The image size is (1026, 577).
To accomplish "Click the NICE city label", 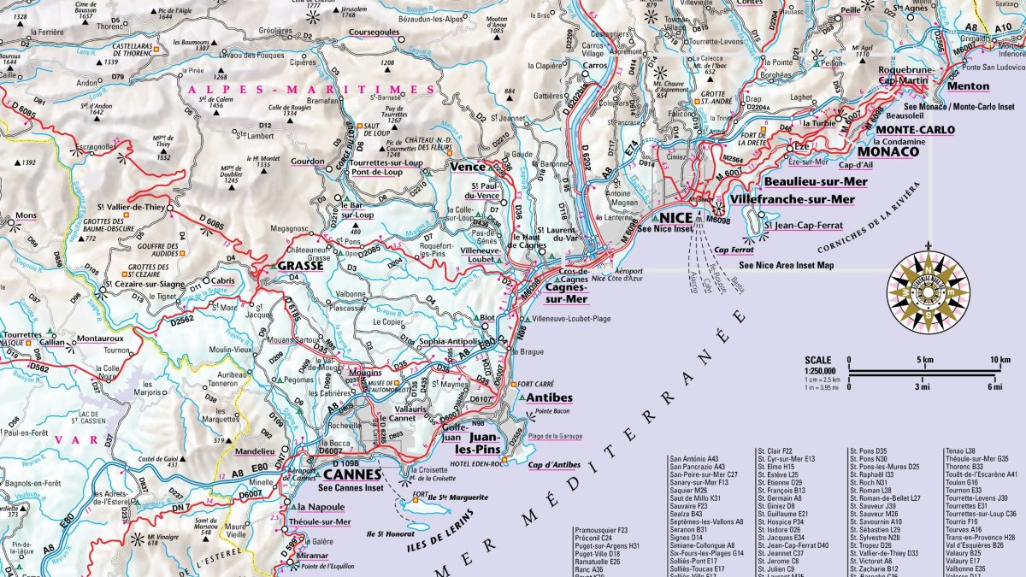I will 675,216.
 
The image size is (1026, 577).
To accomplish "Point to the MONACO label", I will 888,151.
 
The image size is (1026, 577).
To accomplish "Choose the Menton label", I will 967,86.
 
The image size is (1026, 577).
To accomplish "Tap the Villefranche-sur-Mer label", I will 793,199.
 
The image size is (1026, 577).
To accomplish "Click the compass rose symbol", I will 928,291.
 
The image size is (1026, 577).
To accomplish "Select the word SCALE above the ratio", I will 818,360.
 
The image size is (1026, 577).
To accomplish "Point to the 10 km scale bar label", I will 999,360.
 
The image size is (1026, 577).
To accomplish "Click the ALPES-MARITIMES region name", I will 310,89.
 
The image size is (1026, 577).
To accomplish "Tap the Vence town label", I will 467,167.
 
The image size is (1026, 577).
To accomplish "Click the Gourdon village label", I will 308,162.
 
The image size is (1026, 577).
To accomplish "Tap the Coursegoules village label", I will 374,32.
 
